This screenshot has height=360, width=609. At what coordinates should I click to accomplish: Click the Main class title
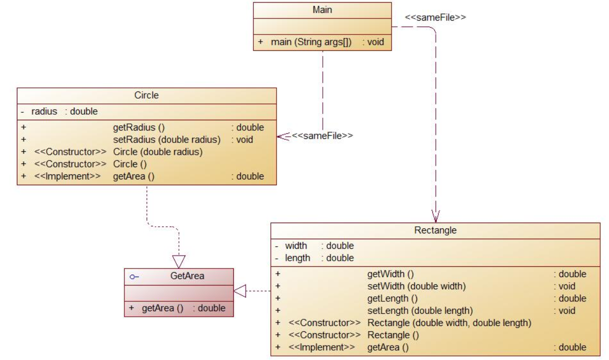(x=322, y=10)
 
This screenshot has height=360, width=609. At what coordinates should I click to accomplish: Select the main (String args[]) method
(x=311, y=43)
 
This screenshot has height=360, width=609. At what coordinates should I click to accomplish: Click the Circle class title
(x=146, y=95)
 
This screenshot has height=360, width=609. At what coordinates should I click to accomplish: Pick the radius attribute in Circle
(x=44, y=112)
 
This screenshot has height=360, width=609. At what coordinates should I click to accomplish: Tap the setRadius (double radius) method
(x=167, y=139)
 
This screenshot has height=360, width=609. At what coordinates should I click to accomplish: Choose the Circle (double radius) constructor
(x=157, y=152)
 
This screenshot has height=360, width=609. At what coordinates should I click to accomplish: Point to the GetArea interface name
(x=187, y=276)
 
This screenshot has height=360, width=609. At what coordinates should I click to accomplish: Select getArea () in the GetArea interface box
(x=162, y=308)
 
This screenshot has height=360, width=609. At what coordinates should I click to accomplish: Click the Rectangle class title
(x=435, y=230)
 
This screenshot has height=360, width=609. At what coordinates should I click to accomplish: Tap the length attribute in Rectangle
(x=298, y=258)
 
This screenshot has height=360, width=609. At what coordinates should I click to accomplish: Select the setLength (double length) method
(x=420, y=311)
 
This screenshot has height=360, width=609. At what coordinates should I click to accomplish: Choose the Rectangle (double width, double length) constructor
(x=449, y=323)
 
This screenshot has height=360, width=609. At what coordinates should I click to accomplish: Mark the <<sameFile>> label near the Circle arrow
(x=322, y=136)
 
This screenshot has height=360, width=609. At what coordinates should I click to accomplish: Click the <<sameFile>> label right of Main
(x=435, y=17)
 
